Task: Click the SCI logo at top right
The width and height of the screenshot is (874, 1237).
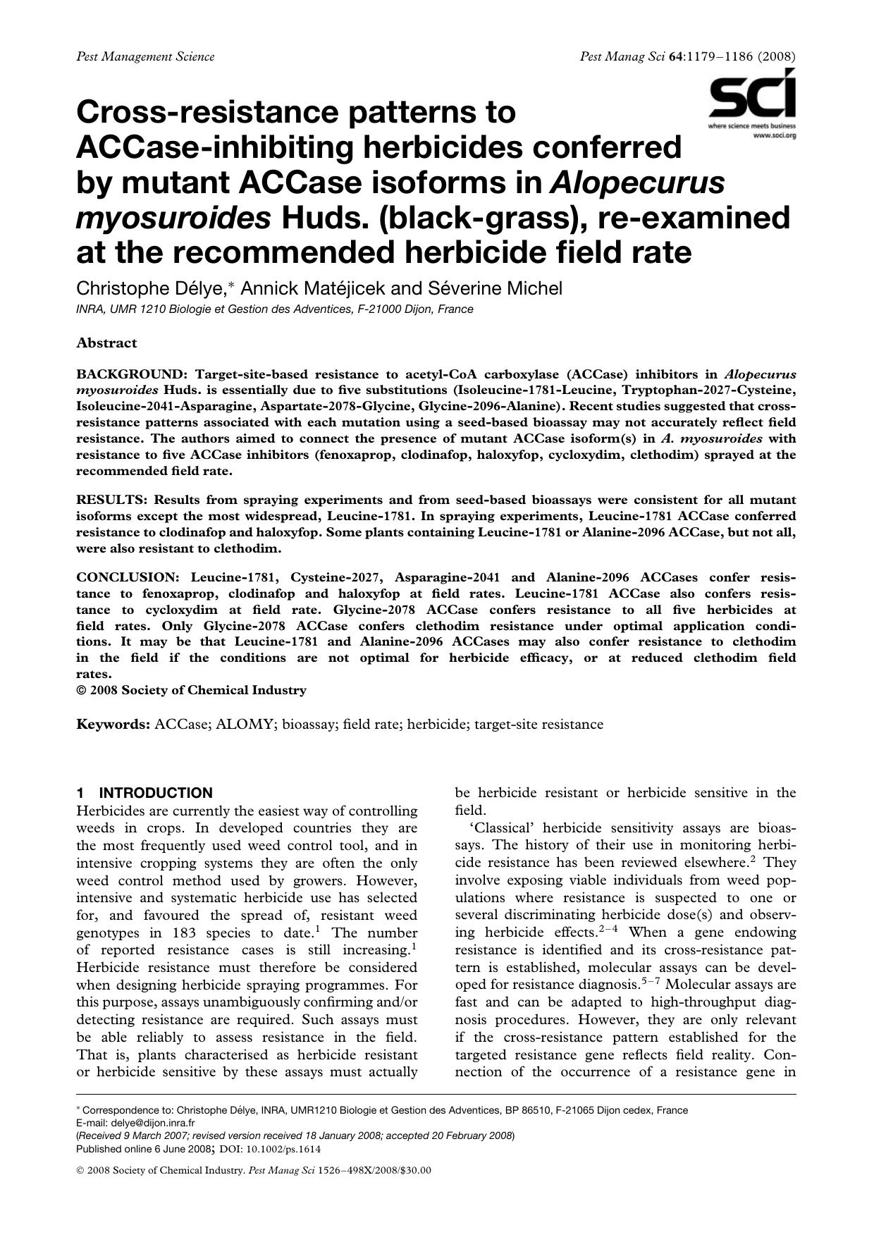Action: point(752,97)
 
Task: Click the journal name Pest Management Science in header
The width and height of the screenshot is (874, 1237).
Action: point(145,56)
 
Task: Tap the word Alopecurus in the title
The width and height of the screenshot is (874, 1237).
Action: point(636,183)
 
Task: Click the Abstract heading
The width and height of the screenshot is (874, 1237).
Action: point(106,343)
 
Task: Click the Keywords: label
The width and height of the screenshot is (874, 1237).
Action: point(113,724)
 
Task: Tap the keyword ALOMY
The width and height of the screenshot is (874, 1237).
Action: point(244,724)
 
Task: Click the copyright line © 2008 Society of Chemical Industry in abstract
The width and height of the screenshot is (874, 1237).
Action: point(191,690)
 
